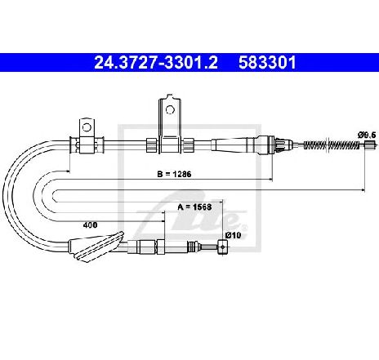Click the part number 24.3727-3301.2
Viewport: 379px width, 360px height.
156,63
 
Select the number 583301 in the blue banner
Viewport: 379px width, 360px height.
267,63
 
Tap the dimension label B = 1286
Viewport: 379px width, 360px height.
174,174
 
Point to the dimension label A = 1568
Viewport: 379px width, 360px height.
194,207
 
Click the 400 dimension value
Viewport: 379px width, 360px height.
90,225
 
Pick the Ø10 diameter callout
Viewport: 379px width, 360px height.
233,235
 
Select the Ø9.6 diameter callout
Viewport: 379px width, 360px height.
367,135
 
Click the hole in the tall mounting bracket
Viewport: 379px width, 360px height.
170,109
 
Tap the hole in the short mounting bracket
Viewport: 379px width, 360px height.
87,127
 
